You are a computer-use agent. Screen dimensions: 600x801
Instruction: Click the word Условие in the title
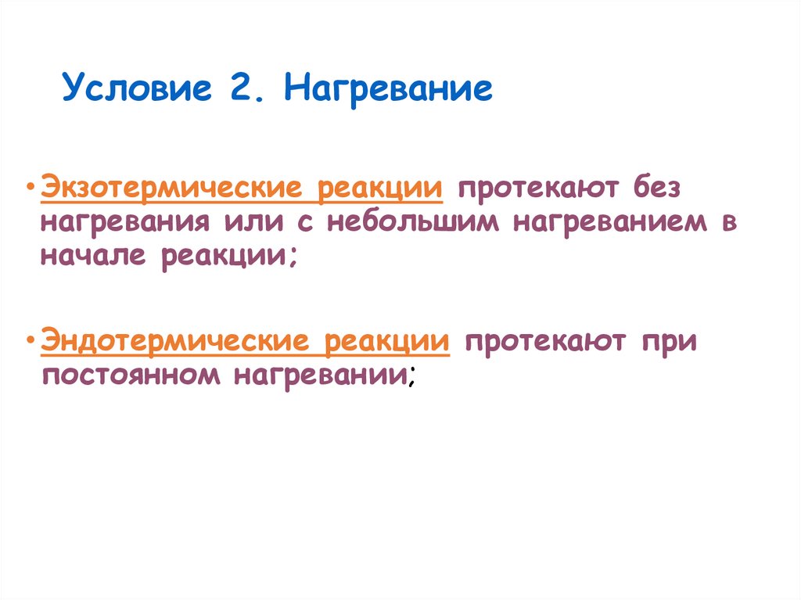(138, 88)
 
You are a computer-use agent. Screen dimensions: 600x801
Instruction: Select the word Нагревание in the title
(388, 88)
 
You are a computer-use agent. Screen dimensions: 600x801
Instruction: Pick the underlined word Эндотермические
(174, 343)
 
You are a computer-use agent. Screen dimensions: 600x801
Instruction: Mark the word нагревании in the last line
(318, 376)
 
